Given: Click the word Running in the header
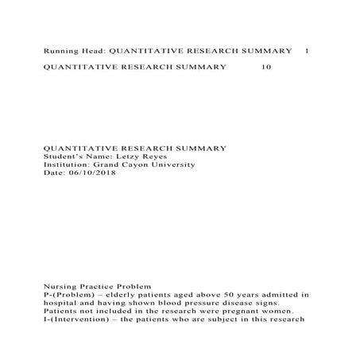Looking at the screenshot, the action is click(60, 51).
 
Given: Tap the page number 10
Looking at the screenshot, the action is click(266, 68).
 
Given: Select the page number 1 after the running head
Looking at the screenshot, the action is click(308, 51).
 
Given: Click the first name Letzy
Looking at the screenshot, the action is click(128, 157).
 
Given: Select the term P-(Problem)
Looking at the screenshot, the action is click(69, 294).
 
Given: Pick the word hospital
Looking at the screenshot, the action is click(61, 303).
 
